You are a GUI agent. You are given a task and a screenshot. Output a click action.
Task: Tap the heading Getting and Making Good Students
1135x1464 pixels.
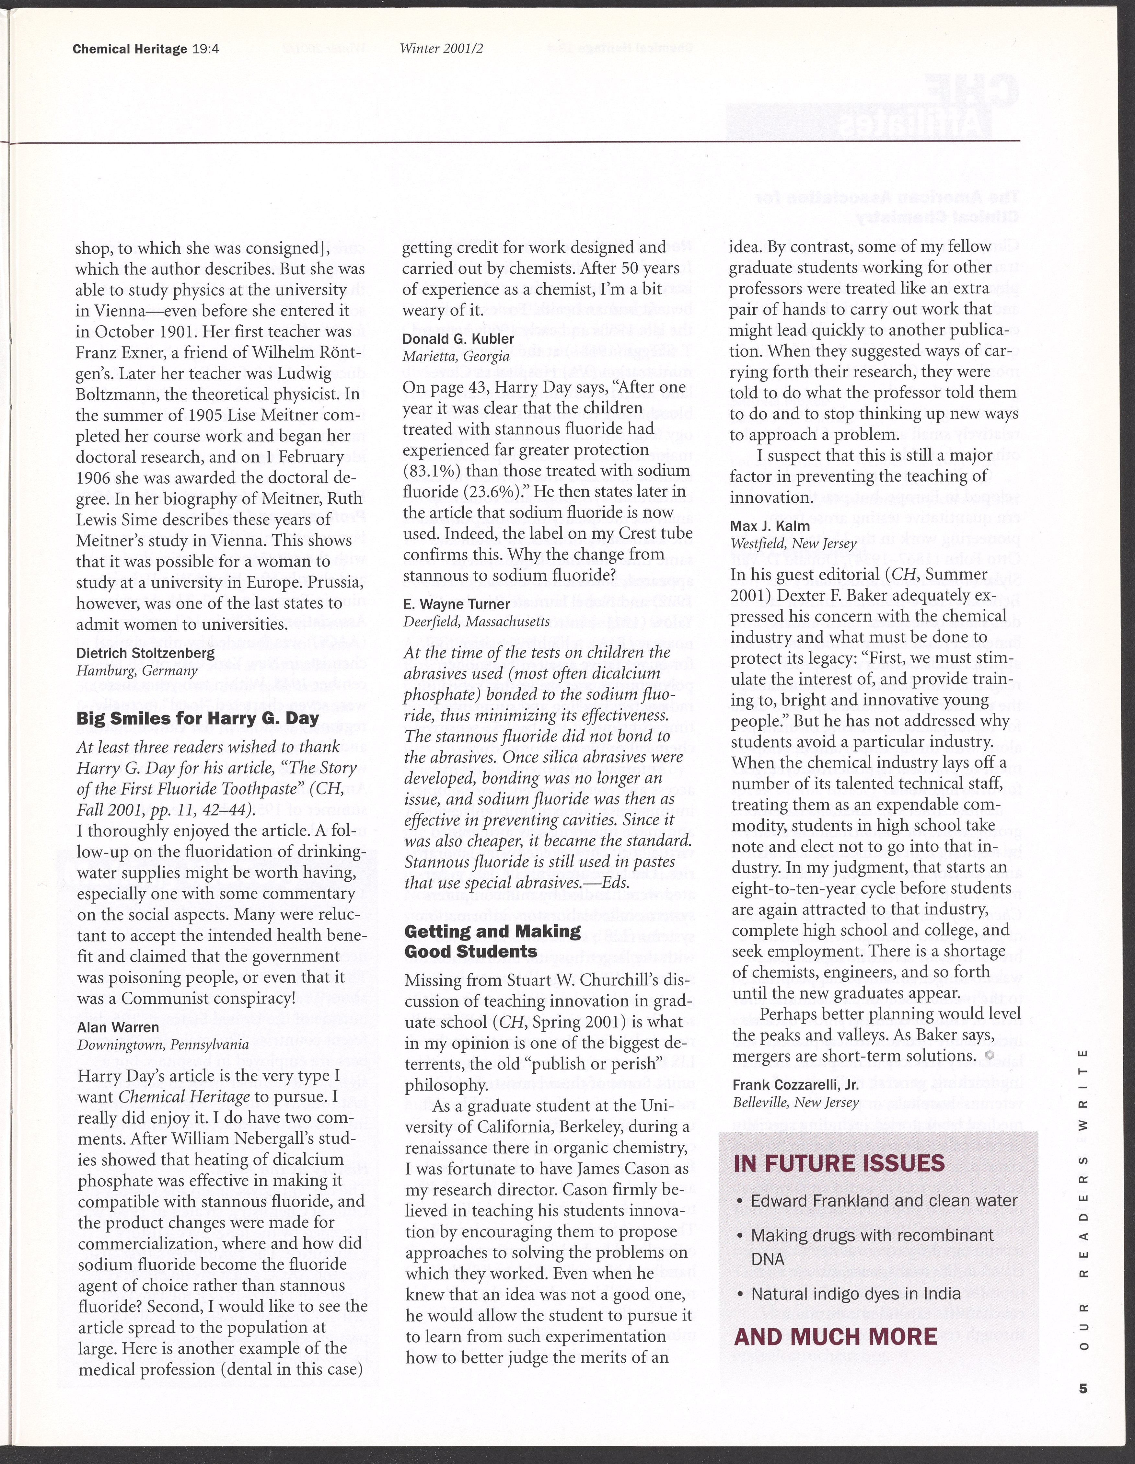tap(493, 941)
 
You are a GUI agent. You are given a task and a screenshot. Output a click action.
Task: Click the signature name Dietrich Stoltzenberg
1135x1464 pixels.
tap(145, 653)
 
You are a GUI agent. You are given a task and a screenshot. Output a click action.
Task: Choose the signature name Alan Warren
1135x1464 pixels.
tap(118, 1027)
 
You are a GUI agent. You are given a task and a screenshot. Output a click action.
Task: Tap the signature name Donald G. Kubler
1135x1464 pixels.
tap(458, 338)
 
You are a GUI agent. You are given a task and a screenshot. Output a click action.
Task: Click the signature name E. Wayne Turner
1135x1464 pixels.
tap(457, 604)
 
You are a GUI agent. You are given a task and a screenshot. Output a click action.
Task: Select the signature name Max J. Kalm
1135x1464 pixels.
tap(770, 526)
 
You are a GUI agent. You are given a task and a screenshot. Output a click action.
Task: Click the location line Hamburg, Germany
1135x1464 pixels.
tap(137, 670)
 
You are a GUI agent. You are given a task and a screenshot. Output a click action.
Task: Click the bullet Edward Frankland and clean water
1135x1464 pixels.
tap(884, 1201)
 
